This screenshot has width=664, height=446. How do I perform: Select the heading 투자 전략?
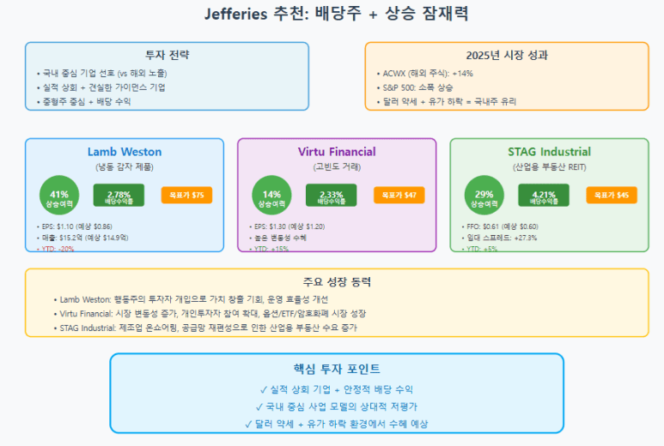point(167,55)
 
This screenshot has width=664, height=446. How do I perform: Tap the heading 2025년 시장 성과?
point(506,55)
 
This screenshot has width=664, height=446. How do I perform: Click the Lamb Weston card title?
point(125,152)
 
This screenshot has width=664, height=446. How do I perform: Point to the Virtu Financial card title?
point(337,152)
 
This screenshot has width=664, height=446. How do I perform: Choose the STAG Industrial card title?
point(549,152)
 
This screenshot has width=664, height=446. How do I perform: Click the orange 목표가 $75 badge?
point(186,196)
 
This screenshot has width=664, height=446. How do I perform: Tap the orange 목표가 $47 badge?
point(399,196)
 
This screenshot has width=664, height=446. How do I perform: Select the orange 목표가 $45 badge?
point(612,196)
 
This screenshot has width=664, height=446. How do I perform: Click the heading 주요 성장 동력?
point(337,281)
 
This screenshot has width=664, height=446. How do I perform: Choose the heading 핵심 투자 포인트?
point(337,368)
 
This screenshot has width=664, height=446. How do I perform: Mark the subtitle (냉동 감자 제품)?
point(125,166)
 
